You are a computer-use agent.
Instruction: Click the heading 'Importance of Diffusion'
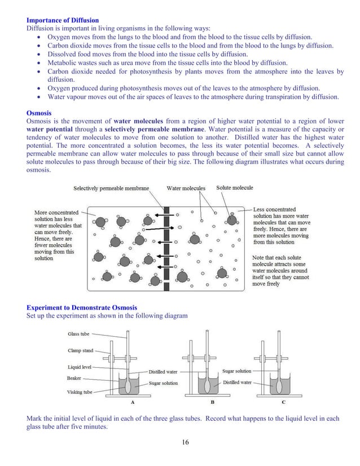point(62,21)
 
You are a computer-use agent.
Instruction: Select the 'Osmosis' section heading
point(40,112)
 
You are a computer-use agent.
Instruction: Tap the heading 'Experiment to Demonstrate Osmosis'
point(81,307)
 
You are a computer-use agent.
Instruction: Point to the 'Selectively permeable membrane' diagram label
point(113,188)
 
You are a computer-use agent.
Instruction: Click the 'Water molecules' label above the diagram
point(186,188)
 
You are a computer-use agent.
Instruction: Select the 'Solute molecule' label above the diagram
point(235,188)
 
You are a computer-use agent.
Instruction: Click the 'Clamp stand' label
point(81,350)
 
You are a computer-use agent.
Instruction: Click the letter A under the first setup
point(132,402)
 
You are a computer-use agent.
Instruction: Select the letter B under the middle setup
point(212,402)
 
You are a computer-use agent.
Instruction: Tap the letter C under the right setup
point(283,402)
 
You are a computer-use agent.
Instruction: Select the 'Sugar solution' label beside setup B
point(237,371)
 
